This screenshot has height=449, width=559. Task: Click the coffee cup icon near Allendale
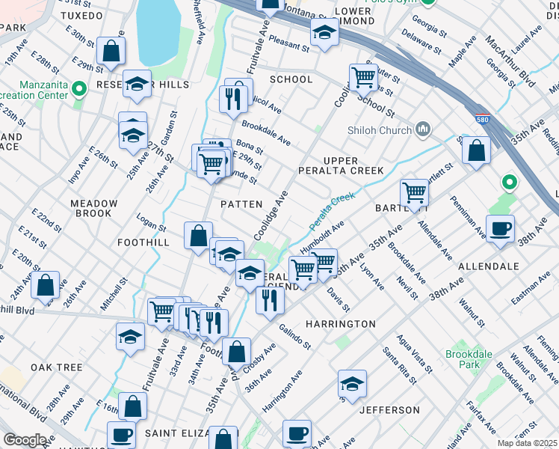coord(500,228)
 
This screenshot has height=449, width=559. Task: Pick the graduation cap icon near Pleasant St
coord(324,33)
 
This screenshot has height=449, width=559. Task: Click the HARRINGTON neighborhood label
coord(340,324)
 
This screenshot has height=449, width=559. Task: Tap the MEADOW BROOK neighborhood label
coord(94,208)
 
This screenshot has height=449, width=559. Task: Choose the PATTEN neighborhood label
coord(241,204)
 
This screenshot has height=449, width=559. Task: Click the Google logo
coord(25,439)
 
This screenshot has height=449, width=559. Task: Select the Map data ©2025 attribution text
coord(527,443)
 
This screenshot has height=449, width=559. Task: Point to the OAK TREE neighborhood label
coord(56,367)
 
